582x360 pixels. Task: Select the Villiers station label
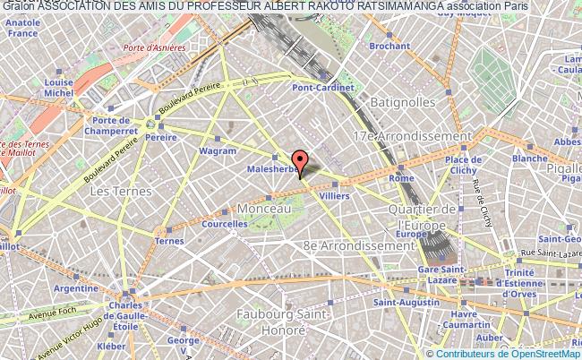[x=334, y=194]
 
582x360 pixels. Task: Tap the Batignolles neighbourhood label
[x=406, y=102]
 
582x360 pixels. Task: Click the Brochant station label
[x=388, y=69]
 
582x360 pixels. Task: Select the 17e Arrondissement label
[x=412, y=136]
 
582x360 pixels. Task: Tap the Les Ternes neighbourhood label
[x=112, y=191]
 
